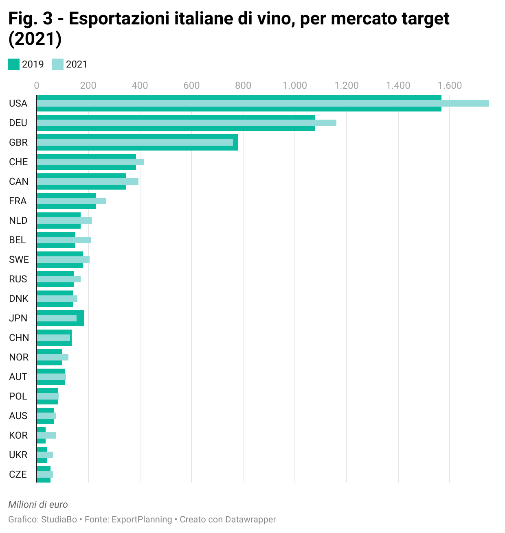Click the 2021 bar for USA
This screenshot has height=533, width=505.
[x=263, y=103]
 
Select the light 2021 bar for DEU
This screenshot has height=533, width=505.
[x=187, y=123]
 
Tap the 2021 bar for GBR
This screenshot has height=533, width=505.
[x=135, y=142]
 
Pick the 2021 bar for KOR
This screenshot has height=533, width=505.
[x=46, y=435]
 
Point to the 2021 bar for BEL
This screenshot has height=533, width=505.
[x=64, y=240]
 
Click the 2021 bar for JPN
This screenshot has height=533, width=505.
[x=57, y=318]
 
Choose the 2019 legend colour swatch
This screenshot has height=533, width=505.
[x=14, y=64]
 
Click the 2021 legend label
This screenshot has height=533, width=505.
[x=77, y=64]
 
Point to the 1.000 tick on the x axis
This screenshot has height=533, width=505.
[x=295, y=85]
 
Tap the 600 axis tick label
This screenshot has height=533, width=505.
[x=191, y=85]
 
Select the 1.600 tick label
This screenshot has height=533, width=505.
[x=450, y=85]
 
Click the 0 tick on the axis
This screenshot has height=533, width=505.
[x=37, y=85]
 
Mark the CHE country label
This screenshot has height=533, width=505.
[x=18, y=162]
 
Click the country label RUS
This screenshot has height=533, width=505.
[x=18, y=279]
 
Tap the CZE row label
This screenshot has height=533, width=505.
[x=18, y=474]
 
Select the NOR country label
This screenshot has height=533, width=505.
[x=19, y=357]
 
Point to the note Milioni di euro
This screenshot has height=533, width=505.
[x=38, y=505]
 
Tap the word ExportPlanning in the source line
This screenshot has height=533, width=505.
[x=141, y=520]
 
